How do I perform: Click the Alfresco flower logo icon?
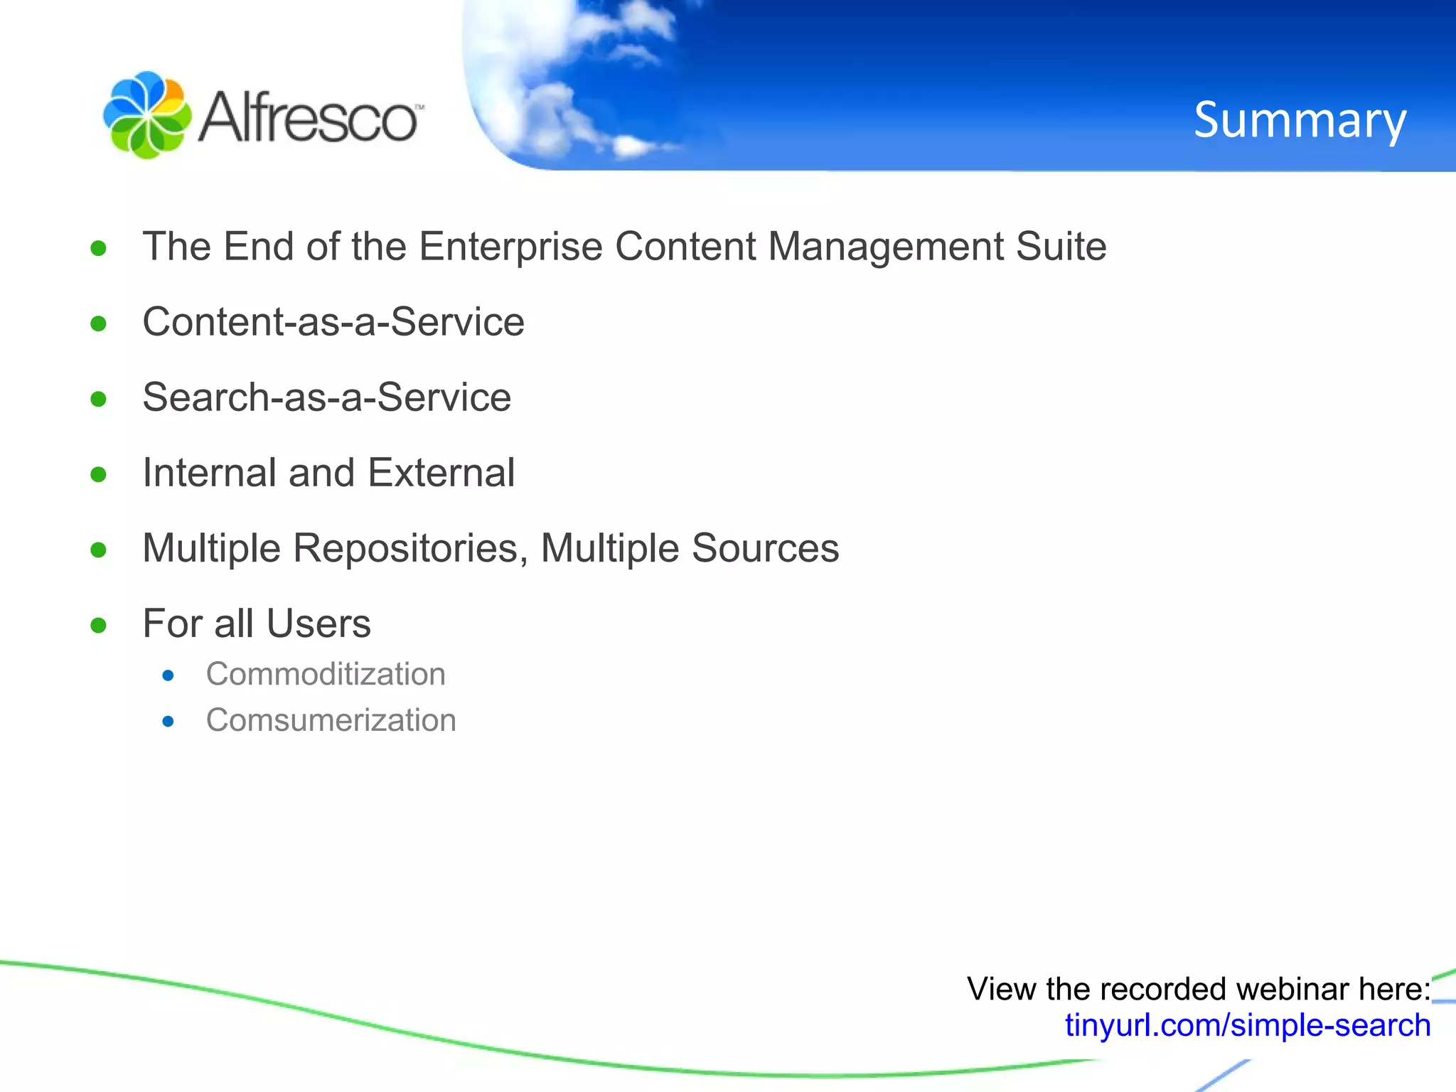(147, 115)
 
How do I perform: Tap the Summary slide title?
(1300, 119)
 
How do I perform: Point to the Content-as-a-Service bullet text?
(333, 321)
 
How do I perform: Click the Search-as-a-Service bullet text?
(327, 397)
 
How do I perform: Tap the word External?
(441, 473)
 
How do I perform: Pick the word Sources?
(765, 549)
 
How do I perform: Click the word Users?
(318, 623)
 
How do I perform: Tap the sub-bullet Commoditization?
(326, 674)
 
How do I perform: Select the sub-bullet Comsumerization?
(331, 720)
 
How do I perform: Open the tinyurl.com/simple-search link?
(1248, 1025)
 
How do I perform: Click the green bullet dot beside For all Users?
(99, 626)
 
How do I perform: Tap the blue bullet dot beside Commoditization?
(168, 675)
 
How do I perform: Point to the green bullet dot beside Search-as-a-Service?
(99, 399)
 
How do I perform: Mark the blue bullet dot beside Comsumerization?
(168, 722)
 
